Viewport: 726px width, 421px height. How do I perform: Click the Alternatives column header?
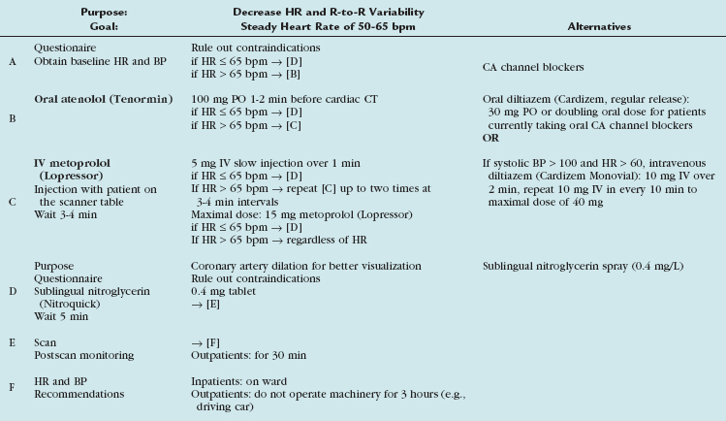pos(599,26)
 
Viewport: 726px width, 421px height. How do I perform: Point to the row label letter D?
pos(12,315)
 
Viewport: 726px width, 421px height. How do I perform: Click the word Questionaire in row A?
pos(67,47)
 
